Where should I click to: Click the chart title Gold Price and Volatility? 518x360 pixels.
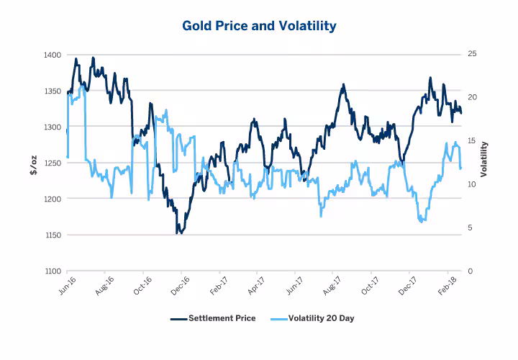click(x=258, y=26)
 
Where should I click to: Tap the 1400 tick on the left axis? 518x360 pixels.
click(x=53, y=55)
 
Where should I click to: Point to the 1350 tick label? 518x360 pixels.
click(x=53, y=91)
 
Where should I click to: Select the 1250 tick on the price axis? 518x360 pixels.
click(x=53, y=163)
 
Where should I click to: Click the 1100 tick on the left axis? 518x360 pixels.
click(x=53, y=271)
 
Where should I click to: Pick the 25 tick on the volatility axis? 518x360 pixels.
click(x=471, y=55)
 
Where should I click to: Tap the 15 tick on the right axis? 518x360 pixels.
click(x=471, y=141)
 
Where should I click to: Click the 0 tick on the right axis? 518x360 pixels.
click(x=469, y=271)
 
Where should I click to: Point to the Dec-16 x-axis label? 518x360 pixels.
click(x=180, y=286)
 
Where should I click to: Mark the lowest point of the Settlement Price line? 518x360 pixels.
click(x=181, y=233)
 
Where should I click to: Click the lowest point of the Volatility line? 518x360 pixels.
click(x=422, y=221)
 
